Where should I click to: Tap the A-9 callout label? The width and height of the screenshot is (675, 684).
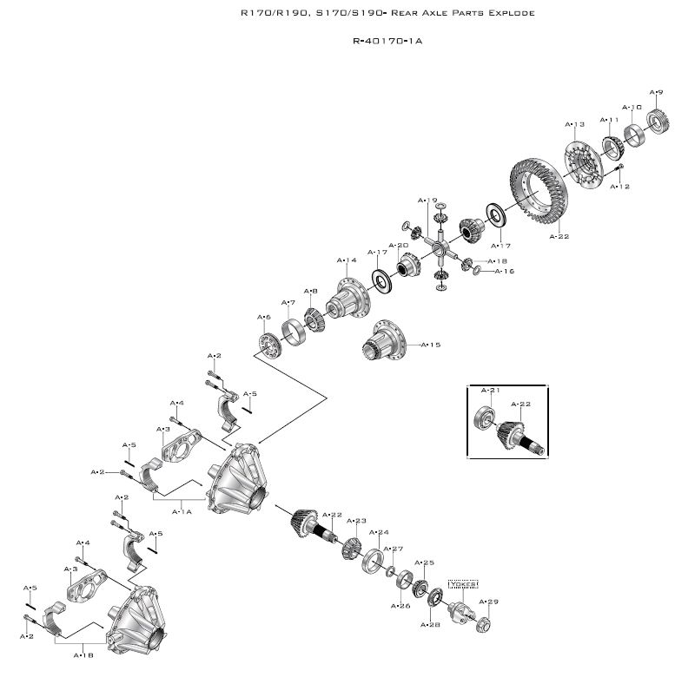tap(657, 92)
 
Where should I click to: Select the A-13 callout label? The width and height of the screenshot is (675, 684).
tap(575, 124)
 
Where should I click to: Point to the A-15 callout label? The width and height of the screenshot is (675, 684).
tap(430, 345)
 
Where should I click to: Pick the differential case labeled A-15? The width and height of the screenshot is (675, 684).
tap(383, 341)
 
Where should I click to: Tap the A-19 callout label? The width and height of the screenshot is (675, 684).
tap(427, 201)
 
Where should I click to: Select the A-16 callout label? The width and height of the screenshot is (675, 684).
tap(505, 271)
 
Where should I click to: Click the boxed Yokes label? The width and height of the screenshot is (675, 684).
tap(463, 584)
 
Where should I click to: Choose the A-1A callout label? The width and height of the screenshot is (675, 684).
tap(182, 511)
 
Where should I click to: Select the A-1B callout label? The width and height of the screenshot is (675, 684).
tap(84, 655)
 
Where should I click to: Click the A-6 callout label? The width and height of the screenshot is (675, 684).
tap(264, 317)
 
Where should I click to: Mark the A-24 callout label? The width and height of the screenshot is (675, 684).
tap(379, 532)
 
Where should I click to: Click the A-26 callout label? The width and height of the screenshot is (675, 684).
tap(400, 606)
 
